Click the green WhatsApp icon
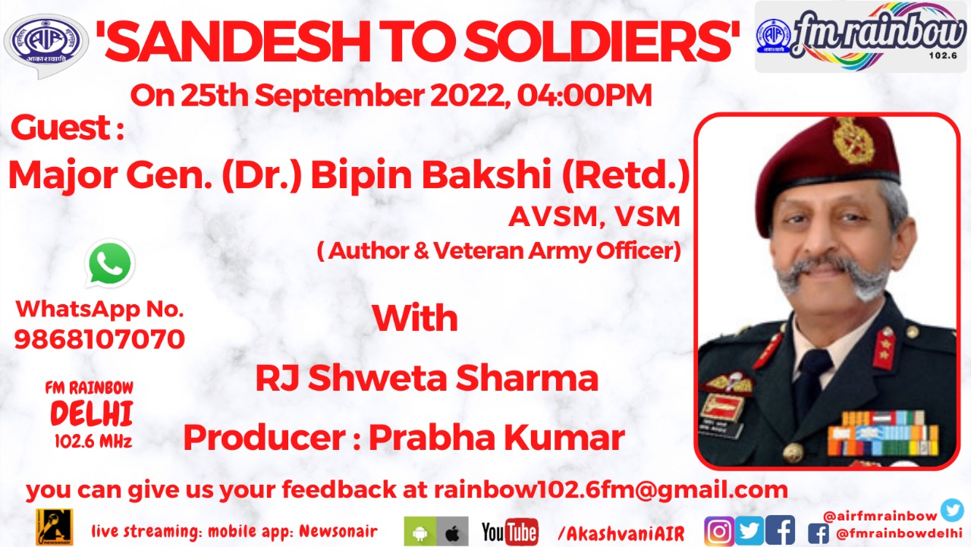pyautogui.click(x=110, y=263)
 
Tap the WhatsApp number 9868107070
pyautogui.click(x=99, y=339)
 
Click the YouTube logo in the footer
pyautogui.click(x=510, y=531)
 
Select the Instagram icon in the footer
pyautogui.click(x=719, y=531)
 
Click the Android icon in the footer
pyautogui.click(x=420, y=531)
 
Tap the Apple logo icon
pyautogui.click(x=452, y=531)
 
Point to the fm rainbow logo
pyautogui.click(x=860, y=36)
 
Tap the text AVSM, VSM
pyautogui.click(x=594, y=217)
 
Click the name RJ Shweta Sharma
pyautogui.click(x=426, y=378)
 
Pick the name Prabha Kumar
pyautogui.click(x=497, y=438)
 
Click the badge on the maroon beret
pyautogui.click(x=852, y=140)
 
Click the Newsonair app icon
pyautogui.click(x=54, y=527)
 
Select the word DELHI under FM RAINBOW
pyautogui.click(x=92, y=413)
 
